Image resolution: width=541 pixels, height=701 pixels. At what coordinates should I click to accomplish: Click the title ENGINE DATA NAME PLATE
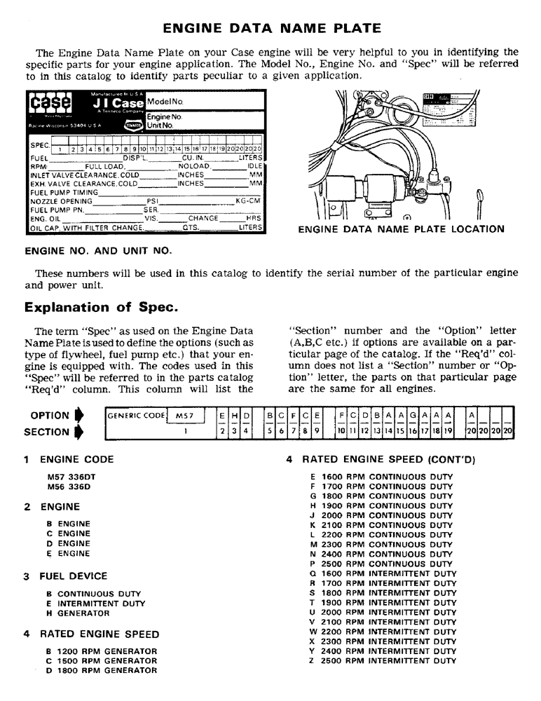tap(271, 29)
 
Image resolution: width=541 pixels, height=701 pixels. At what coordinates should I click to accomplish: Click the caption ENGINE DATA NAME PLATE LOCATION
tap(401, 229)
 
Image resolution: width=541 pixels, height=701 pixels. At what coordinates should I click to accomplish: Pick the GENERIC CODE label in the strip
tap(137, 416)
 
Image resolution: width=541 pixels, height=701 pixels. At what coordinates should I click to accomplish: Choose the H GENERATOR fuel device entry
tap(78, 613)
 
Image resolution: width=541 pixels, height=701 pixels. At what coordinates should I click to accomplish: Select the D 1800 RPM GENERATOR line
tap(102, 670)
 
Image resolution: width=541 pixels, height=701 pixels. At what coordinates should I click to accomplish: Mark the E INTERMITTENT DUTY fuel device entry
tap(95, 603)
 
